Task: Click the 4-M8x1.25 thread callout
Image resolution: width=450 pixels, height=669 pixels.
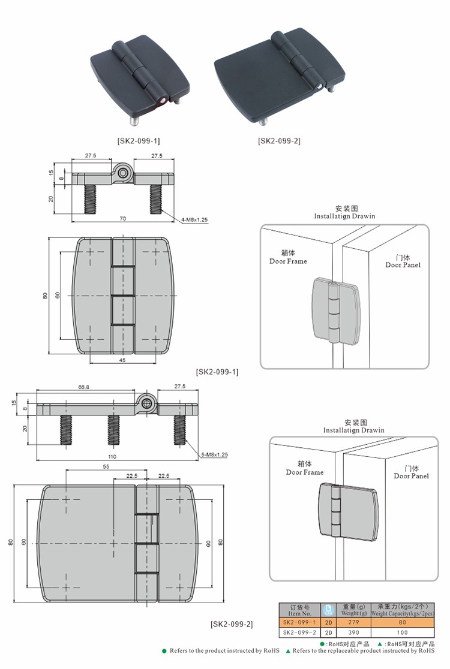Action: tap(194, 220)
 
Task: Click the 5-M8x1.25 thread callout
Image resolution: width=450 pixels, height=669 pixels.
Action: tap(214, 454)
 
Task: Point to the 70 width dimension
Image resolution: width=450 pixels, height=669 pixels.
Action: tap(123, 218)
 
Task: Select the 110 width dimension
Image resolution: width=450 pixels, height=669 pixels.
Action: tap(112, 457)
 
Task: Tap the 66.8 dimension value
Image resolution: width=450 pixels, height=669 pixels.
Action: tap(83, 387)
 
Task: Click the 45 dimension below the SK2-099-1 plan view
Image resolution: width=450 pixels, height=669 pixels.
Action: tap(122, 360)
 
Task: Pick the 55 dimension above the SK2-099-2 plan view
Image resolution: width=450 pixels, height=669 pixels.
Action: tap(106, 466)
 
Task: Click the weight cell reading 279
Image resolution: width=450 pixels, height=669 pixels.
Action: tap(353, 622)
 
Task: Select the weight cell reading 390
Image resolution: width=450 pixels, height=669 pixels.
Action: tap(353, 632)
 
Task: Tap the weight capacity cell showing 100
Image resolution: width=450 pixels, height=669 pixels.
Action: tap(402, 632)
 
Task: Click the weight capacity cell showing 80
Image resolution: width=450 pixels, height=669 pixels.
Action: tap(402, 622)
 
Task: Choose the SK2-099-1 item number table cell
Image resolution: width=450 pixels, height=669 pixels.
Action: tap(300, 622)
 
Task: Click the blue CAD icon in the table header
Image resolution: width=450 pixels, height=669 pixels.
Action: tap(328, 610)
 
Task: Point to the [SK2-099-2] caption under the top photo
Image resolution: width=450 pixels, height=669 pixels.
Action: tap(279, 141)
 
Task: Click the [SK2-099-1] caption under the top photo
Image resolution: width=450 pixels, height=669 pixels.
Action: tap(139, 141)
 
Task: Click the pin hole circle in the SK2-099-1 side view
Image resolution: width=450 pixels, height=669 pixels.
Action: tap(124, 173)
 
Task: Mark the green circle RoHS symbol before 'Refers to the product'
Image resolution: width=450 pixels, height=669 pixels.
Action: tap(164, 650)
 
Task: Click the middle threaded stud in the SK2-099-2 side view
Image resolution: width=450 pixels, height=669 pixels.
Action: tap(113, 430)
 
